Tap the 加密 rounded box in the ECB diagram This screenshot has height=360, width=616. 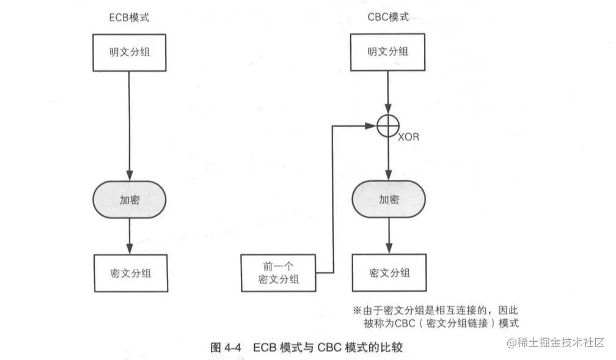(129, 199)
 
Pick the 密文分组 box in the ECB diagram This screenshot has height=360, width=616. (129, 273)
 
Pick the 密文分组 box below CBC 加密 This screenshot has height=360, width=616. (389, 273)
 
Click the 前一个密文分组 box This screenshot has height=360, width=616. (279, 273)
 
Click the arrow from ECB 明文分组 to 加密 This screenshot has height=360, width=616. (129, 122)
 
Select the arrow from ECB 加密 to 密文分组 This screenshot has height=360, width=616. (129, 235)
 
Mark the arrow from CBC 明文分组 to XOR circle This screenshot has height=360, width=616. (387, 92)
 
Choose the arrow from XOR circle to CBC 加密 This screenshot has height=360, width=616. (387, 159)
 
